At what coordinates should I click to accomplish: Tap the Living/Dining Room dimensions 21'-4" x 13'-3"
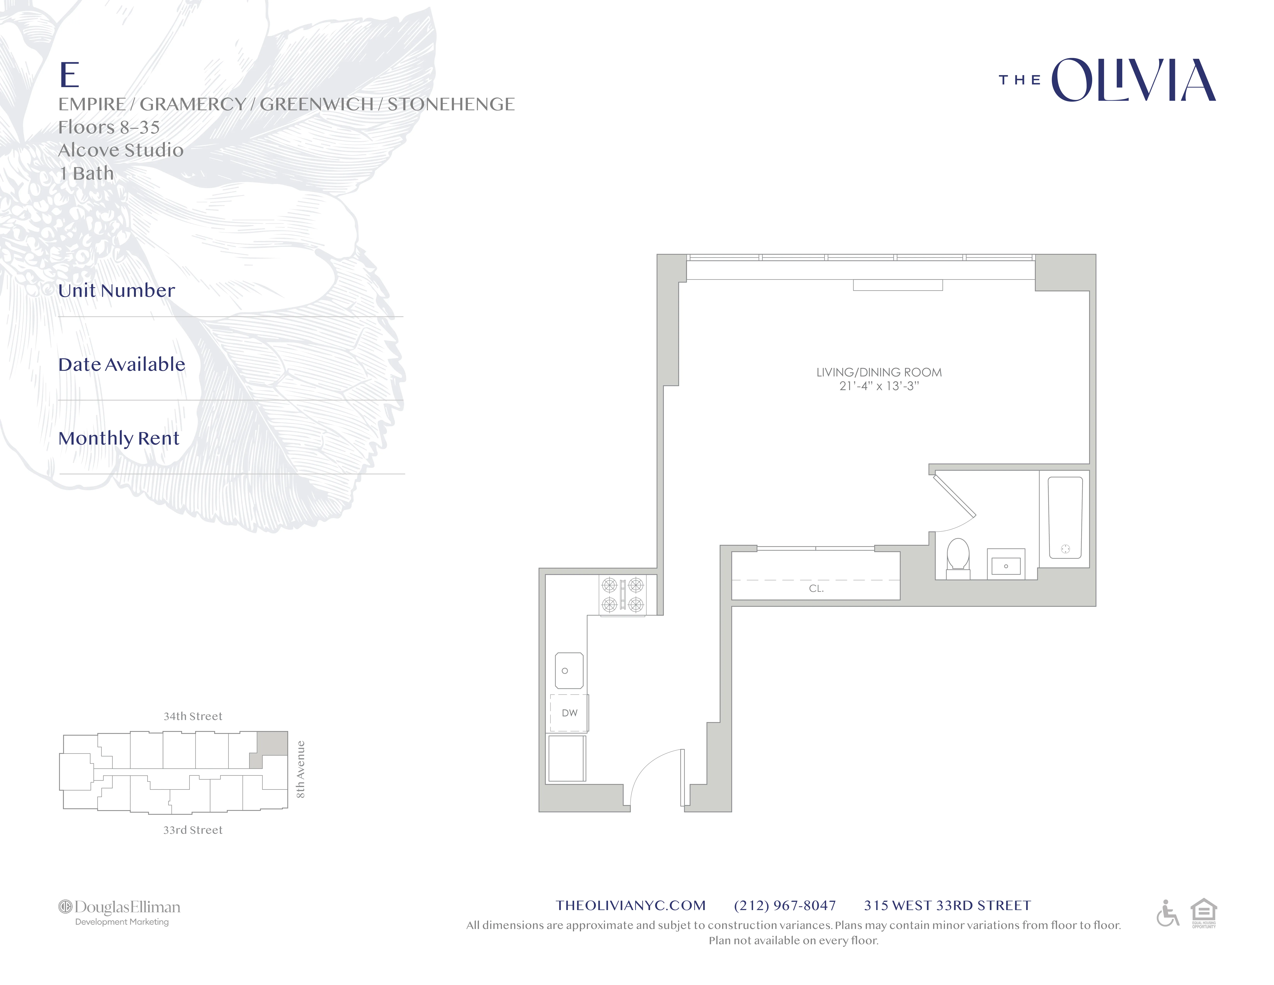[878, 386]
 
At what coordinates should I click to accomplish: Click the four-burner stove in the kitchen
[622, 595]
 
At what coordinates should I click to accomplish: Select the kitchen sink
[568, 671]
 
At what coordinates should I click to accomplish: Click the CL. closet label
[816, 589]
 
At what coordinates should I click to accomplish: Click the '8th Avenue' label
[300, 769]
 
